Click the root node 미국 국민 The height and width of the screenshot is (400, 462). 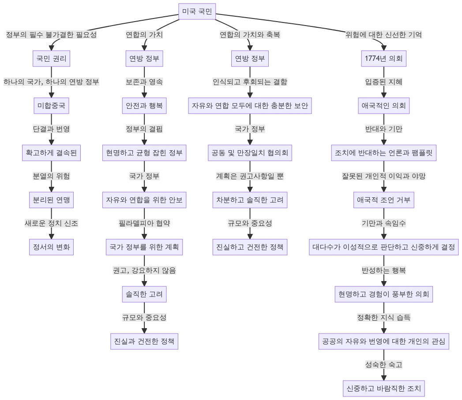(x=197, y=12)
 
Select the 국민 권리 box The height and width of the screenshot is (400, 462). (x=51, y=58)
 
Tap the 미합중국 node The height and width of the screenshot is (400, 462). (x=51, y=106)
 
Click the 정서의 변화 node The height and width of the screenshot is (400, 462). (x=51, y=247)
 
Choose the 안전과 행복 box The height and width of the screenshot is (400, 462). (x=144, y=106)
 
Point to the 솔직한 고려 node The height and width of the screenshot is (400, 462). (x=144, y=294)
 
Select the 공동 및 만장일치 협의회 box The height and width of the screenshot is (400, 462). (x=250, y=153)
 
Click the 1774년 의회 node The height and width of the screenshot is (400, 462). (x=383, y=58)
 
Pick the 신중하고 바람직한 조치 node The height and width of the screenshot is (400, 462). (x=383, y=389)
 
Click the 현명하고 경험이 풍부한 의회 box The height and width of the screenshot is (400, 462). (x=383, y=294)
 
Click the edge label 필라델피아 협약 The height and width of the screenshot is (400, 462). (x=144, y=224)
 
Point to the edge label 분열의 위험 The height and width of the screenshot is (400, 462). (x=51, y=176)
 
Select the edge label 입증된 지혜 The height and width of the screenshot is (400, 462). (x=383, y=82)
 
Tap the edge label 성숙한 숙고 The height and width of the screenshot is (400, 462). (x=383, y=365)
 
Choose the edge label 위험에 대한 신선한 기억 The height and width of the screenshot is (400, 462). (x=383, y=35)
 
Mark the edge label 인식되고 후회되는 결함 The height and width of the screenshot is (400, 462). (x=250, y=82)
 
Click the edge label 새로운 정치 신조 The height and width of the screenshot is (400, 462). (x=51, y=224)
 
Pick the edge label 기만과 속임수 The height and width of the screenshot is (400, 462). (x=383, y=224)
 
